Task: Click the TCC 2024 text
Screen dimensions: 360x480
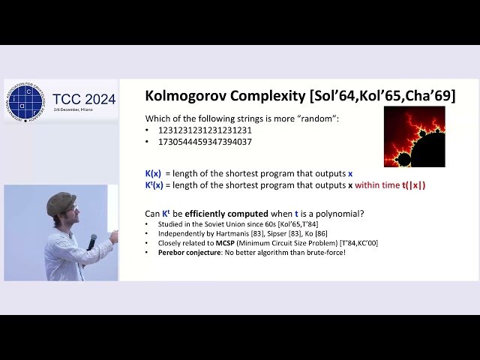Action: pos(85,99)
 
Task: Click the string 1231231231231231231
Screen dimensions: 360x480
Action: pos(205,130)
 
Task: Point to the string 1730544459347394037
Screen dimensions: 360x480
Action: pos(205,142)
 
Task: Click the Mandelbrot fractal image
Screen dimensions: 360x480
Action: pos(414,136)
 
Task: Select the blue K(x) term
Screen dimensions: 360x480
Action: pos(153,173)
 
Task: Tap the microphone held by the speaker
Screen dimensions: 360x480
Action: pos(91,241)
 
